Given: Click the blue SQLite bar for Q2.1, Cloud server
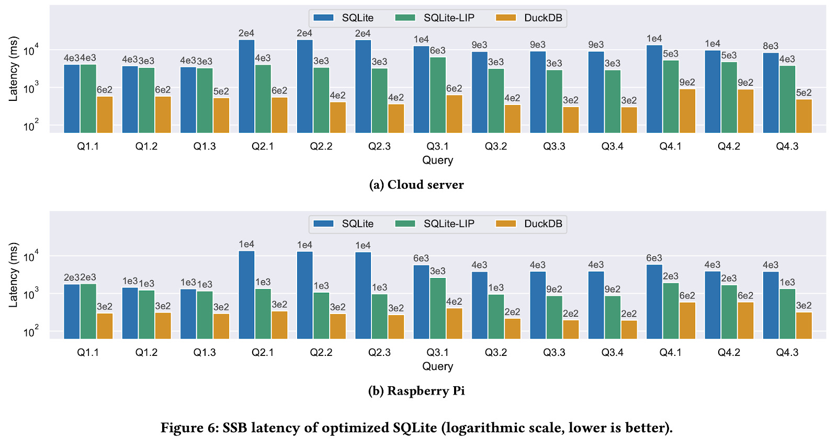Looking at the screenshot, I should tap(246, 86).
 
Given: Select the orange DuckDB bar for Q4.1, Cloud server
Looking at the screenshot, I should tap(687, 111).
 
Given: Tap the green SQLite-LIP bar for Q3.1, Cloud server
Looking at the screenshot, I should tap(438, 95).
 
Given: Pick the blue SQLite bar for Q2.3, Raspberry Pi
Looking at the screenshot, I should tap(363, 295).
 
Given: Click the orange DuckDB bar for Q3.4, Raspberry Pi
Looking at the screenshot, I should tap(629, 329).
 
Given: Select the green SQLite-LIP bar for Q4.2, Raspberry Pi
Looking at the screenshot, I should tap(729, 311).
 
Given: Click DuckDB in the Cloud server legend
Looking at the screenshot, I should tap(543, 18).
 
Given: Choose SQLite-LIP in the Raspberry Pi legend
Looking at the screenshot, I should tap(449, 224).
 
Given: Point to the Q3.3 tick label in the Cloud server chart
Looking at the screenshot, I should tap(554, 146).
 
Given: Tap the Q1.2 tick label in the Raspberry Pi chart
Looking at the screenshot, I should tap(146, 352).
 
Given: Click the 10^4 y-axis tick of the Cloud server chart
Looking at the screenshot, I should tap(31, 51).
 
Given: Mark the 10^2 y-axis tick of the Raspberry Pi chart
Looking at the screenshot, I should tap(31, 332).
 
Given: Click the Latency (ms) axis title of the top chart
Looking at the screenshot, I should tap(13, 69).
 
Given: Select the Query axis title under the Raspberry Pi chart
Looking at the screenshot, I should tap(438, 366).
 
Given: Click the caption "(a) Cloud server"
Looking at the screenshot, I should tap(416, 185).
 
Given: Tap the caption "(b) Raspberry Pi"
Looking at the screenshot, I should tap(416, 391).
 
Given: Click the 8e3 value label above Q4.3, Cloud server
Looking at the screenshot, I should tap(771, 46).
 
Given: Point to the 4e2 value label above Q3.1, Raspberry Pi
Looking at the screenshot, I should tap(454, 302).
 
